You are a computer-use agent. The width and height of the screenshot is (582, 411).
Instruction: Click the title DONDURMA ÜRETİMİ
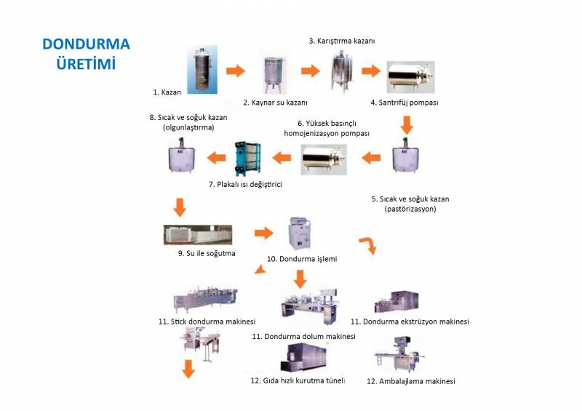[x=86, y=52]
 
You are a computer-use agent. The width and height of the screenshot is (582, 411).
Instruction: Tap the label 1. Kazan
[x=166, y=92]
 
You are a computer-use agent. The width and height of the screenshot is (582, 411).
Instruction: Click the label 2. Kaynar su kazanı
[x=275, y=103]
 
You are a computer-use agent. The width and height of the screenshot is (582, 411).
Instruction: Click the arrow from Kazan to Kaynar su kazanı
[x=236, y=71]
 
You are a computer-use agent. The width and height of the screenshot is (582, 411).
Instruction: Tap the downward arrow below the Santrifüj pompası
[x=407, y=127]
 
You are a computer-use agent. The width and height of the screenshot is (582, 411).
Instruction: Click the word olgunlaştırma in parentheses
[x=188, y=127]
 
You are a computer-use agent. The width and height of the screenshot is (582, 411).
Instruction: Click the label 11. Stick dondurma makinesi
[x=207, y=321]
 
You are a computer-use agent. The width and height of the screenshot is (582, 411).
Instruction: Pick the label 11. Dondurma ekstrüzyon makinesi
[x=409, y=321]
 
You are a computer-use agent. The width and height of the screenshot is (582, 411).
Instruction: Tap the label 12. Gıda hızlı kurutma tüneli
[x=298, y=380]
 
